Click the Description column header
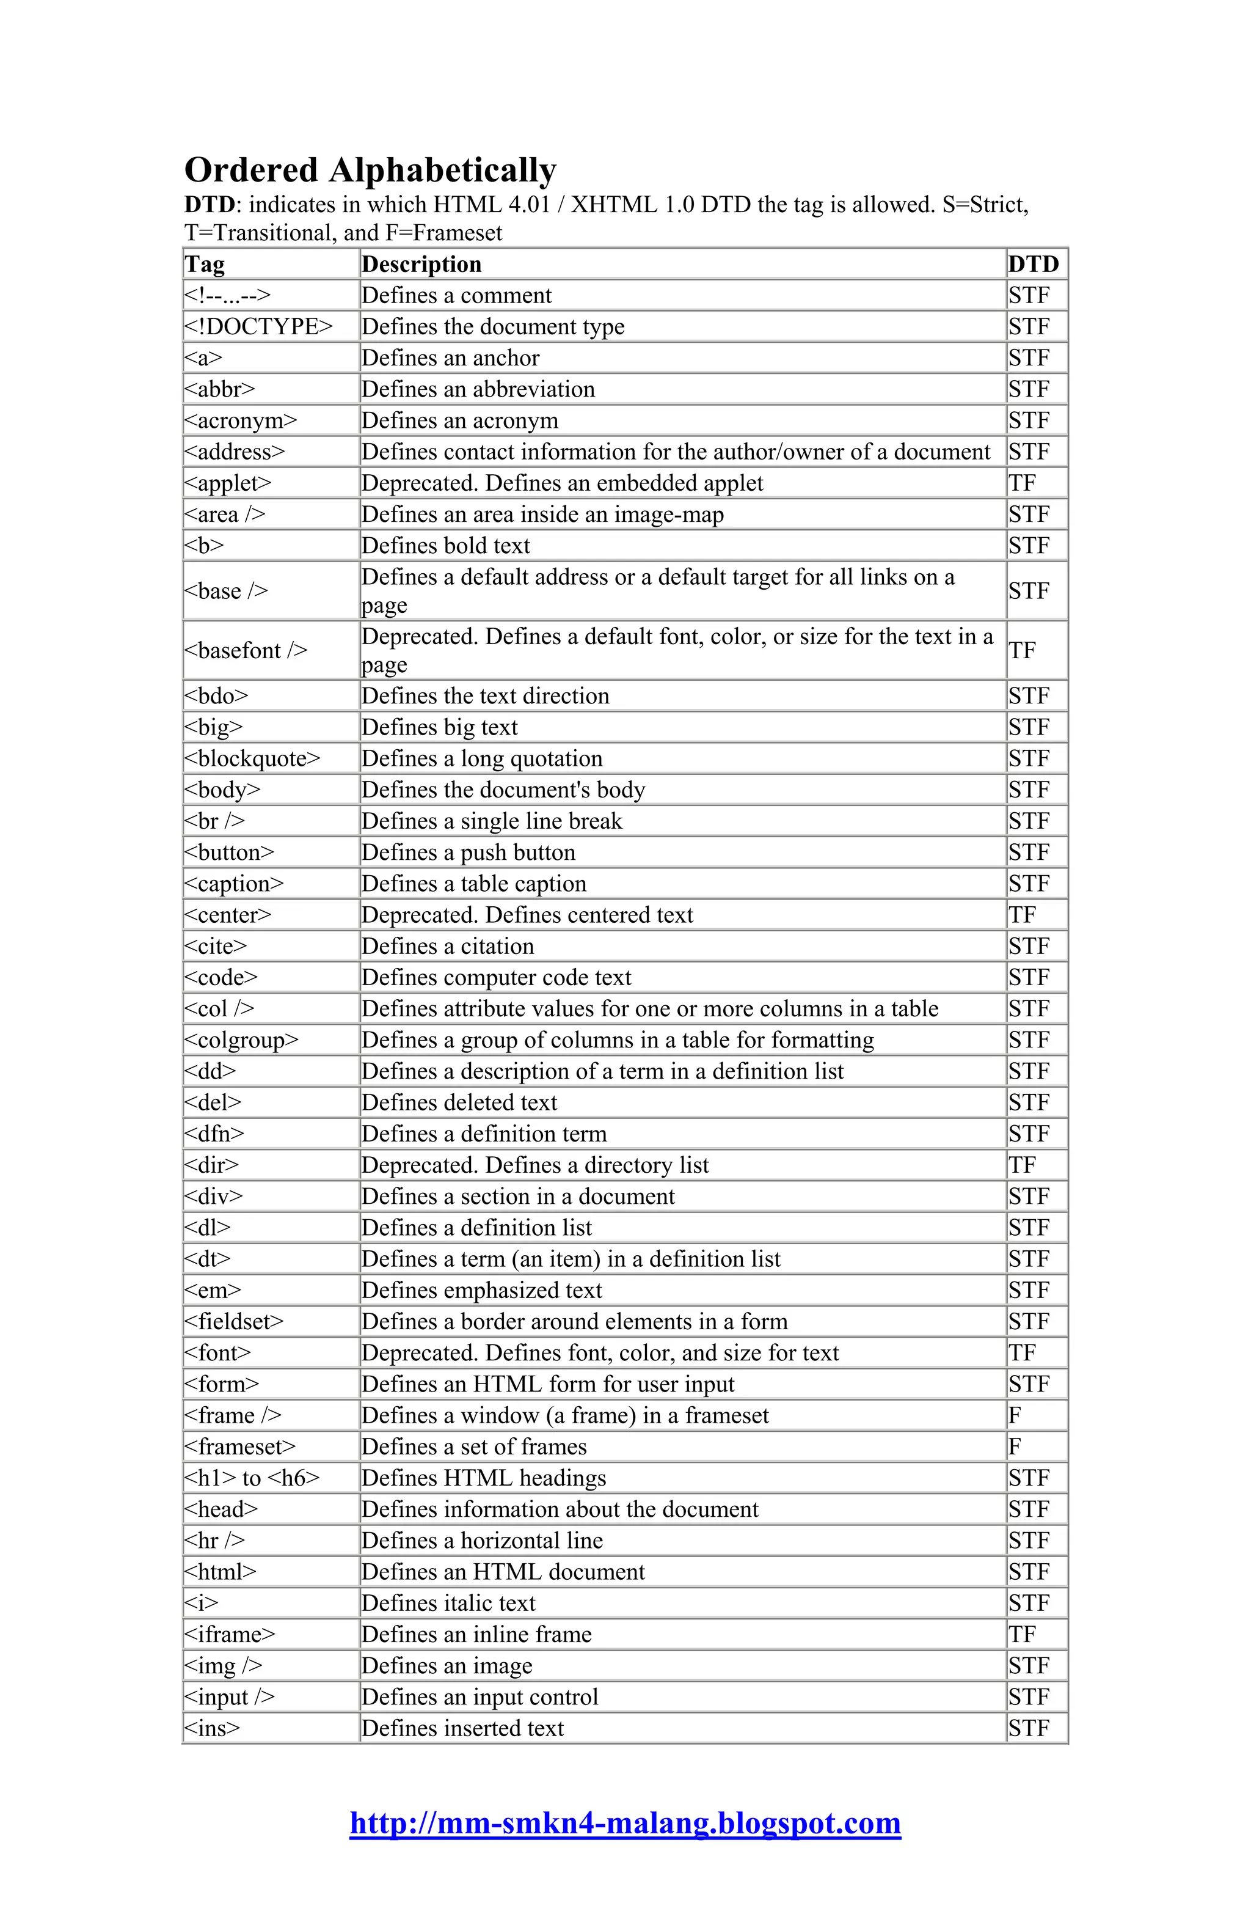click(x=421, y=264)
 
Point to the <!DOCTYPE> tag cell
click(x=258, y=326)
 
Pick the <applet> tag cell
click(x=228, y=483)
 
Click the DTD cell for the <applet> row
click(x=1022, y=483)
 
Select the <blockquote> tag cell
click(x=252, y=758)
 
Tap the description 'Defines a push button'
click(x=468, y=853)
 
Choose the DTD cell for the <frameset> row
click(x=1015, y=1447)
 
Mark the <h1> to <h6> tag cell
click(x=252, y=1478)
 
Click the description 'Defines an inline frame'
click(x=476, y=1634)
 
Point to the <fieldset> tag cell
click(x=234, y=1321)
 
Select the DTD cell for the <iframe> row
click(x=1022, y=1634)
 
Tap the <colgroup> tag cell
click(x=241, y=1040)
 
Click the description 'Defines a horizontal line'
click(x=481, y=1540)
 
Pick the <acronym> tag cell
click(x=241, y=420)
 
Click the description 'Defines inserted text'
click(x=462, y=1728)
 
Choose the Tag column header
click(x=205, y=264)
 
